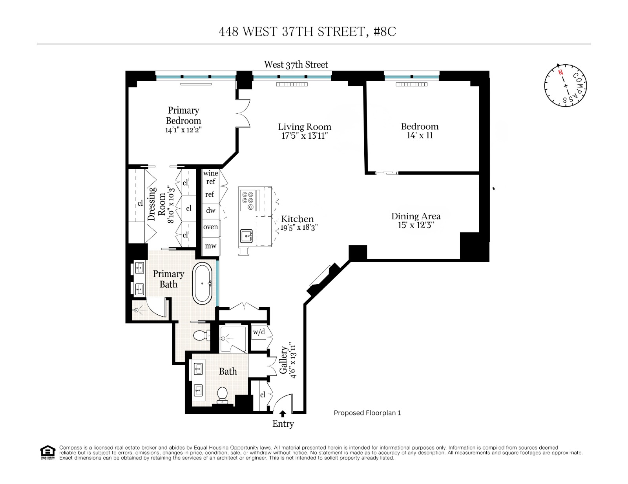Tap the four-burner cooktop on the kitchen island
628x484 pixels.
tap(248, 200)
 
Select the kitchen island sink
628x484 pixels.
tap(246, 236)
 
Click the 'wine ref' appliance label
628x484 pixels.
tap(210, 177)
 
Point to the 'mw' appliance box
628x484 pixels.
tap(211, 246)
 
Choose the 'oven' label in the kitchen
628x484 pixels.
tap(210, 227)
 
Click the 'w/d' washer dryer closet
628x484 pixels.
tap(259, 332)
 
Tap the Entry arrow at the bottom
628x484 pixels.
tap(283, 413)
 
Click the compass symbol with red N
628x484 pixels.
tap(565, 85)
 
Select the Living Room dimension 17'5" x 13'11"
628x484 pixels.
tap(305, 136)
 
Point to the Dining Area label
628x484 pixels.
tap(416, 216)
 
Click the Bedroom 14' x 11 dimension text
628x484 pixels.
tap(420, 136)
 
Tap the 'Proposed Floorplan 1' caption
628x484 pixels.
tap(367, 413)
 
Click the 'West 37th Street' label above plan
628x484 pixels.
tap(296, 65)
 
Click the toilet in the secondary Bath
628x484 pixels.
tap(223, 394)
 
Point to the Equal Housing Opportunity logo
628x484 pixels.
tap(47, 452)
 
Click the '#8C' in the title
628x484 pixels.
tap(385, 32)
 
